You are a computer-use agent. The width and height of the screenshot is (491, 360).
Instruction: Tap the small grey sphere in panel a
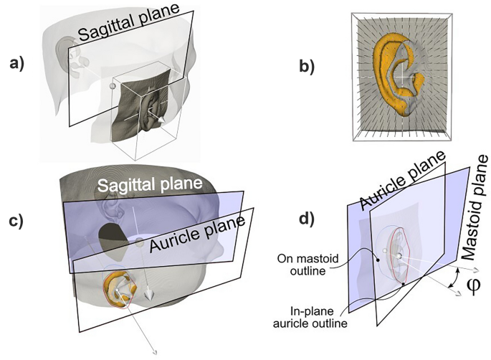[x=111, y=86]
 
